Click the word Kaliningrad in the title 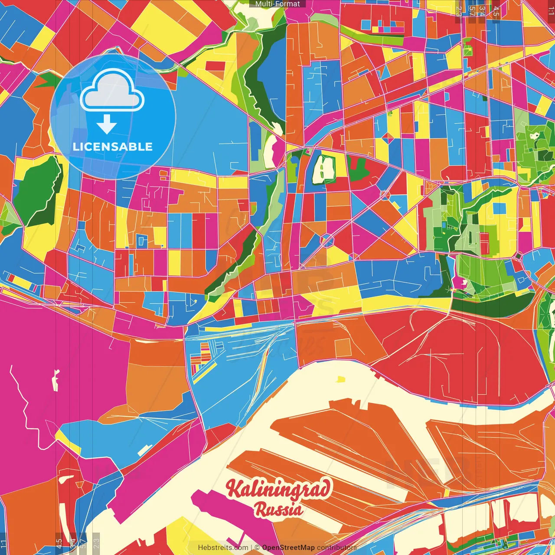pyautogui.click(x=278, y=489)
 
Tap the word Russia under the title pyautogui.click(x=279, y=509)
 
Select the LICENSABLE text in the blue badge pyautogui.click(x=113, y=147)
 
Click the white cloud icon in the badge pyautogui.click(x=112, y=91)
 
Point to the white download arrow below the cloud pyautogui.click(x=107, y=124)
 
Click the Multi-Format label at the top pyautogui.click(x=277, y=4)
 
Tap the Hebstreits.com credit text pyautogui.click(x=223, y=548)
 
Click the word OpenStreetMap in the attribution pyautogui.click(x=288, y=548)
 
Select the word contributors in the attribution pyautogui.click(x=337, y=548)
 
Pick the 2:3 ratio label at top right pyautogui.click(x=459, y=11)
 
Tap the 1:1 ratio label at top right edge pyautogui.click(x=551, y=11)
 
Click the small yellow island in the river pyautogui.click(x=341, y=379)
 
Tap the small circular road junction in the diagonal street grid pyautogui.click(x=327, y=240)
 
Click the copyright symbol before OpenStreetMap pyautogui.click(x=257, y=548)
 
